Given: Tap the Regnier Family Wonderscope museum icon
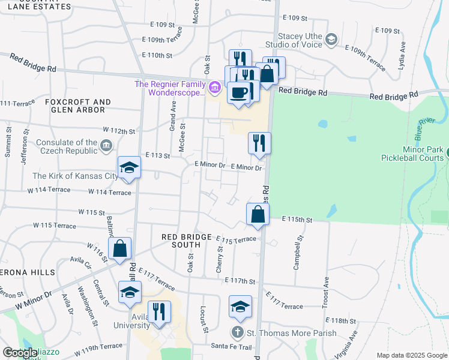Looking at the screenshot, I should pos(214,88).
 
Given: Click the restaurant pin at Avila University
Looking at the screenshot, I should pos(159,312).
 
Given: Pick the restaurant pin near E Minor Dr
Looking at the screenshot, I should pos(259,143).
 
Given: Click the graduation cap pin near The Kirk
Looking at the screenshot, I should pos(129,169).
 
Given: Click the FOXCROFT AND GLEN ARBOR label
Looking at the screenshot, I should pos(78,106).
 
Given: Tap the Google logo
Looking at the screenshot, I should pos(20,353).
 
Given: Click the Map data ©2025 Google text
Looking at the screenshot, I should pos(411,355).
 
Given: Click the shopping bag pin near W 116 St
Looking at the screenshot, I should pos(119,248).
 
